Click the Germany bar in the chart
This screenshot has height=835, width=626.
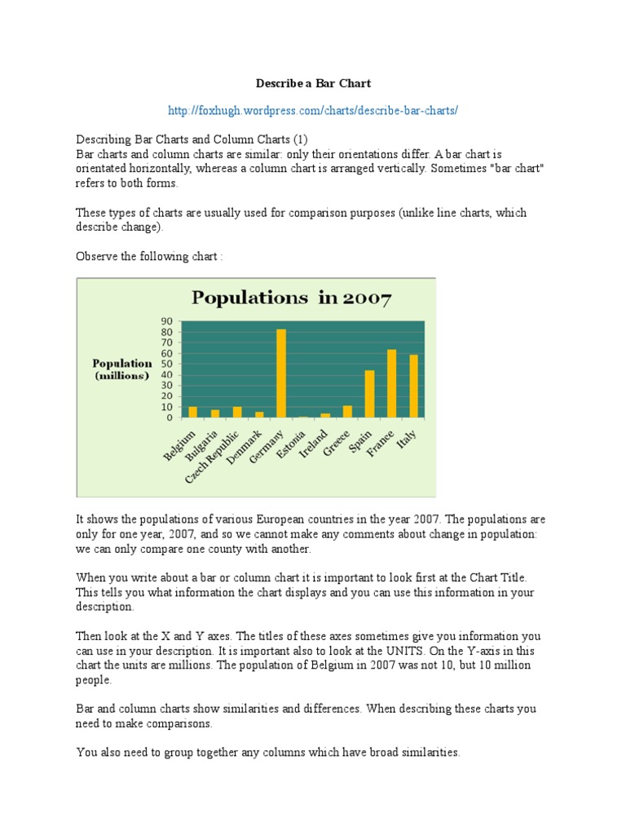coord(281,373)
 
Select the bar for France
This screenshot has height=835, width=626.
coord(391,383)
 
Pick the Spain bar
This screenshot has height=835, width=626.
coord(369,394)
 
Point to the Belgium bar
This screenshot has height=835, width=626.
coord(193,412)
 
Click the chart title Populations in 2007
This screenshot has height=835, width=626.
coord(291,298)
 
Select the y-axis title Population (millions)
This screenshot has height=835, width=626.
coord(121,369)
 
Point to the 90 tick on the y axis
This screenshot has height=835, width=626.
coord(167,321)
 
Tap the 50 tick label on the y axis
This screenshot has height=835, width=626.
coord(167,364)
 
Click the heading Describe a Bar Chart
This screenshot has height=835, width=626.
coord(314,83)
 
